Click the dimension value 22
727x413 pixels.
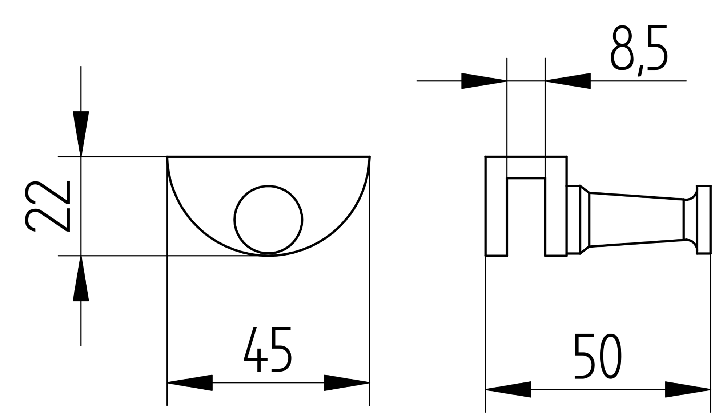pyautogui.click(x=47, y=206)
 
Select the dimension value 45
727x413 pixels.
pyautogui.click(x=268, y=349)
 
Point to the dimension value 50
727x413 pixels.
pyautogui.click(x=598, y=356)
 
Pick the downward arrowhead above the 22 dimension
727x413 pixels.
pyautogui.click(x=81, y=134)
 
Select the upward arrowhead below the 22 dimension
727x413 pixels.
pyautogui.click(x=81, y=278)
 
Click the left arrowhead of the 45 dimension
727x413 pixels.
pyautogui.click(x=190, y=382)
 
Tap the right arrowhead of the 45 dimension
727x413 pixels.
pyautogui.click(x=347, y=382)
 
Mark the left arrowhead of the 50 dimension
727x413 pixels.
pyautogui.click(x=508, y=389)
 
